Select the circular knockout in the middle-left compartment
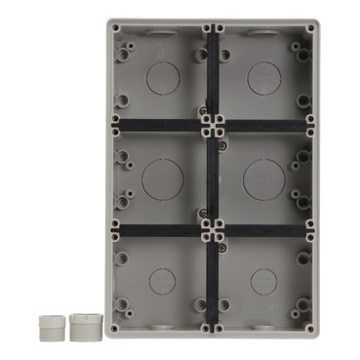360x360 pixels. click(x=160, y=178)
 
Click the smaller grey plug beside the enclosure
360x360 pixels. click(x=47, y=326)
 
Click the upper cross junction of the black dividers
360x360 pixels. click(x=211, y=124)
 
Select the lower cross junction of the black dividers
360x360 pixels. click(x=211, y=231)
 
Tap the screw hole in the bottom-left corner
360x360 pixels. click(x=114, y=328)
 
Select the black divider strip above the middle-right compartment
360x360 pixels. click(x=260, y=124)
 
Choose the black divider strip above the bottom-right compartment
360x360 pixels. click(x=260, y=231)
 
